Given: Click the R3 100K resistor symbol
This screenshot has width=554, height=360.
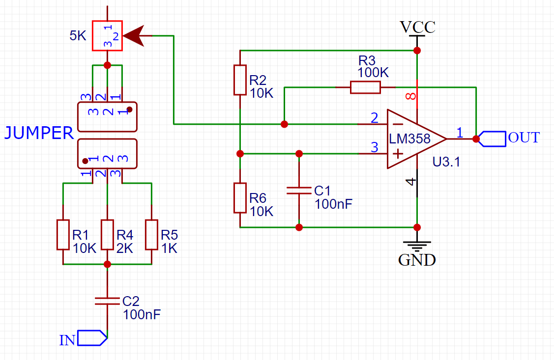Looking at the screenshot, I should pos(365,87).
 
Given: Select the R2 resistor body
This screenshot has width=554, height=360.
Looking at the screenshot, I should pos(239,80).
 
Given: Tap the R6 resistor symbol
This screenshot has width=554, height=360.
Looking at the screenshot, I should pos(239,197).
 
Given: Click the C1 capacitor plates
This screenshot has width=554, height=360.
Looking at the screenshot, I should pos(299,190).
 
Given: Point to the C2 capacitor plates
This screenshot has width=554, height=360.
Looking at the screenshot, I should pos(107,301).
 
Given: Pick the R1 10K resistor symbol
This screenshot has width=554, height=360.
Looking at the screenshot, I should pos(63,234).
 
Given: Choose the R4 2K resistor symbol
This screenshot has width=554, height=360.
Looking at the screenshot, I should pos(107,234).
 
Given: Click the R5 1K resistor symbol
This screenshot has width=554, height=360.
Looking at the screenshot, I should pos(151,234).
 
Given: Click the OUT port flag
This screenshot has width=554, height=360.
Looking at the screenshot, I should pos(493,139).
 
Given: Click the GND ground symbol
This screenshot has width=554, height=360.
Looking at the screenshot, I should pos(417,244).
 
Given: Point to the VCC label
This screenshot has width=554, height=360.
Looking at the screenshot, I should pos(417,27).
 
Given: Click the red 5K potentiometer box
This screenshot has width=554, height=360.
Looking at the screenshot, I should pos(107,35).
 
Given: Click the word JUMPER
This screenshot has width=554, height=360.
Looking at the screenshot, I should pos(39,133).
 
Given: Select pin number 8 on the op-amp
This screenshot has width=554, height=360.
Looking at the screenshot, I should pos(411,96).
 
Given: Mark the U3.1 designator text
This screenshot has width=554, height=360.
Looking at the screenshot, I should pos(446,162).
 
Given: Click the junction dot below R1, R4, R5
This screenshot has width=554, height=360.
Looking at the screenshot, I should pos(107,264).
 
